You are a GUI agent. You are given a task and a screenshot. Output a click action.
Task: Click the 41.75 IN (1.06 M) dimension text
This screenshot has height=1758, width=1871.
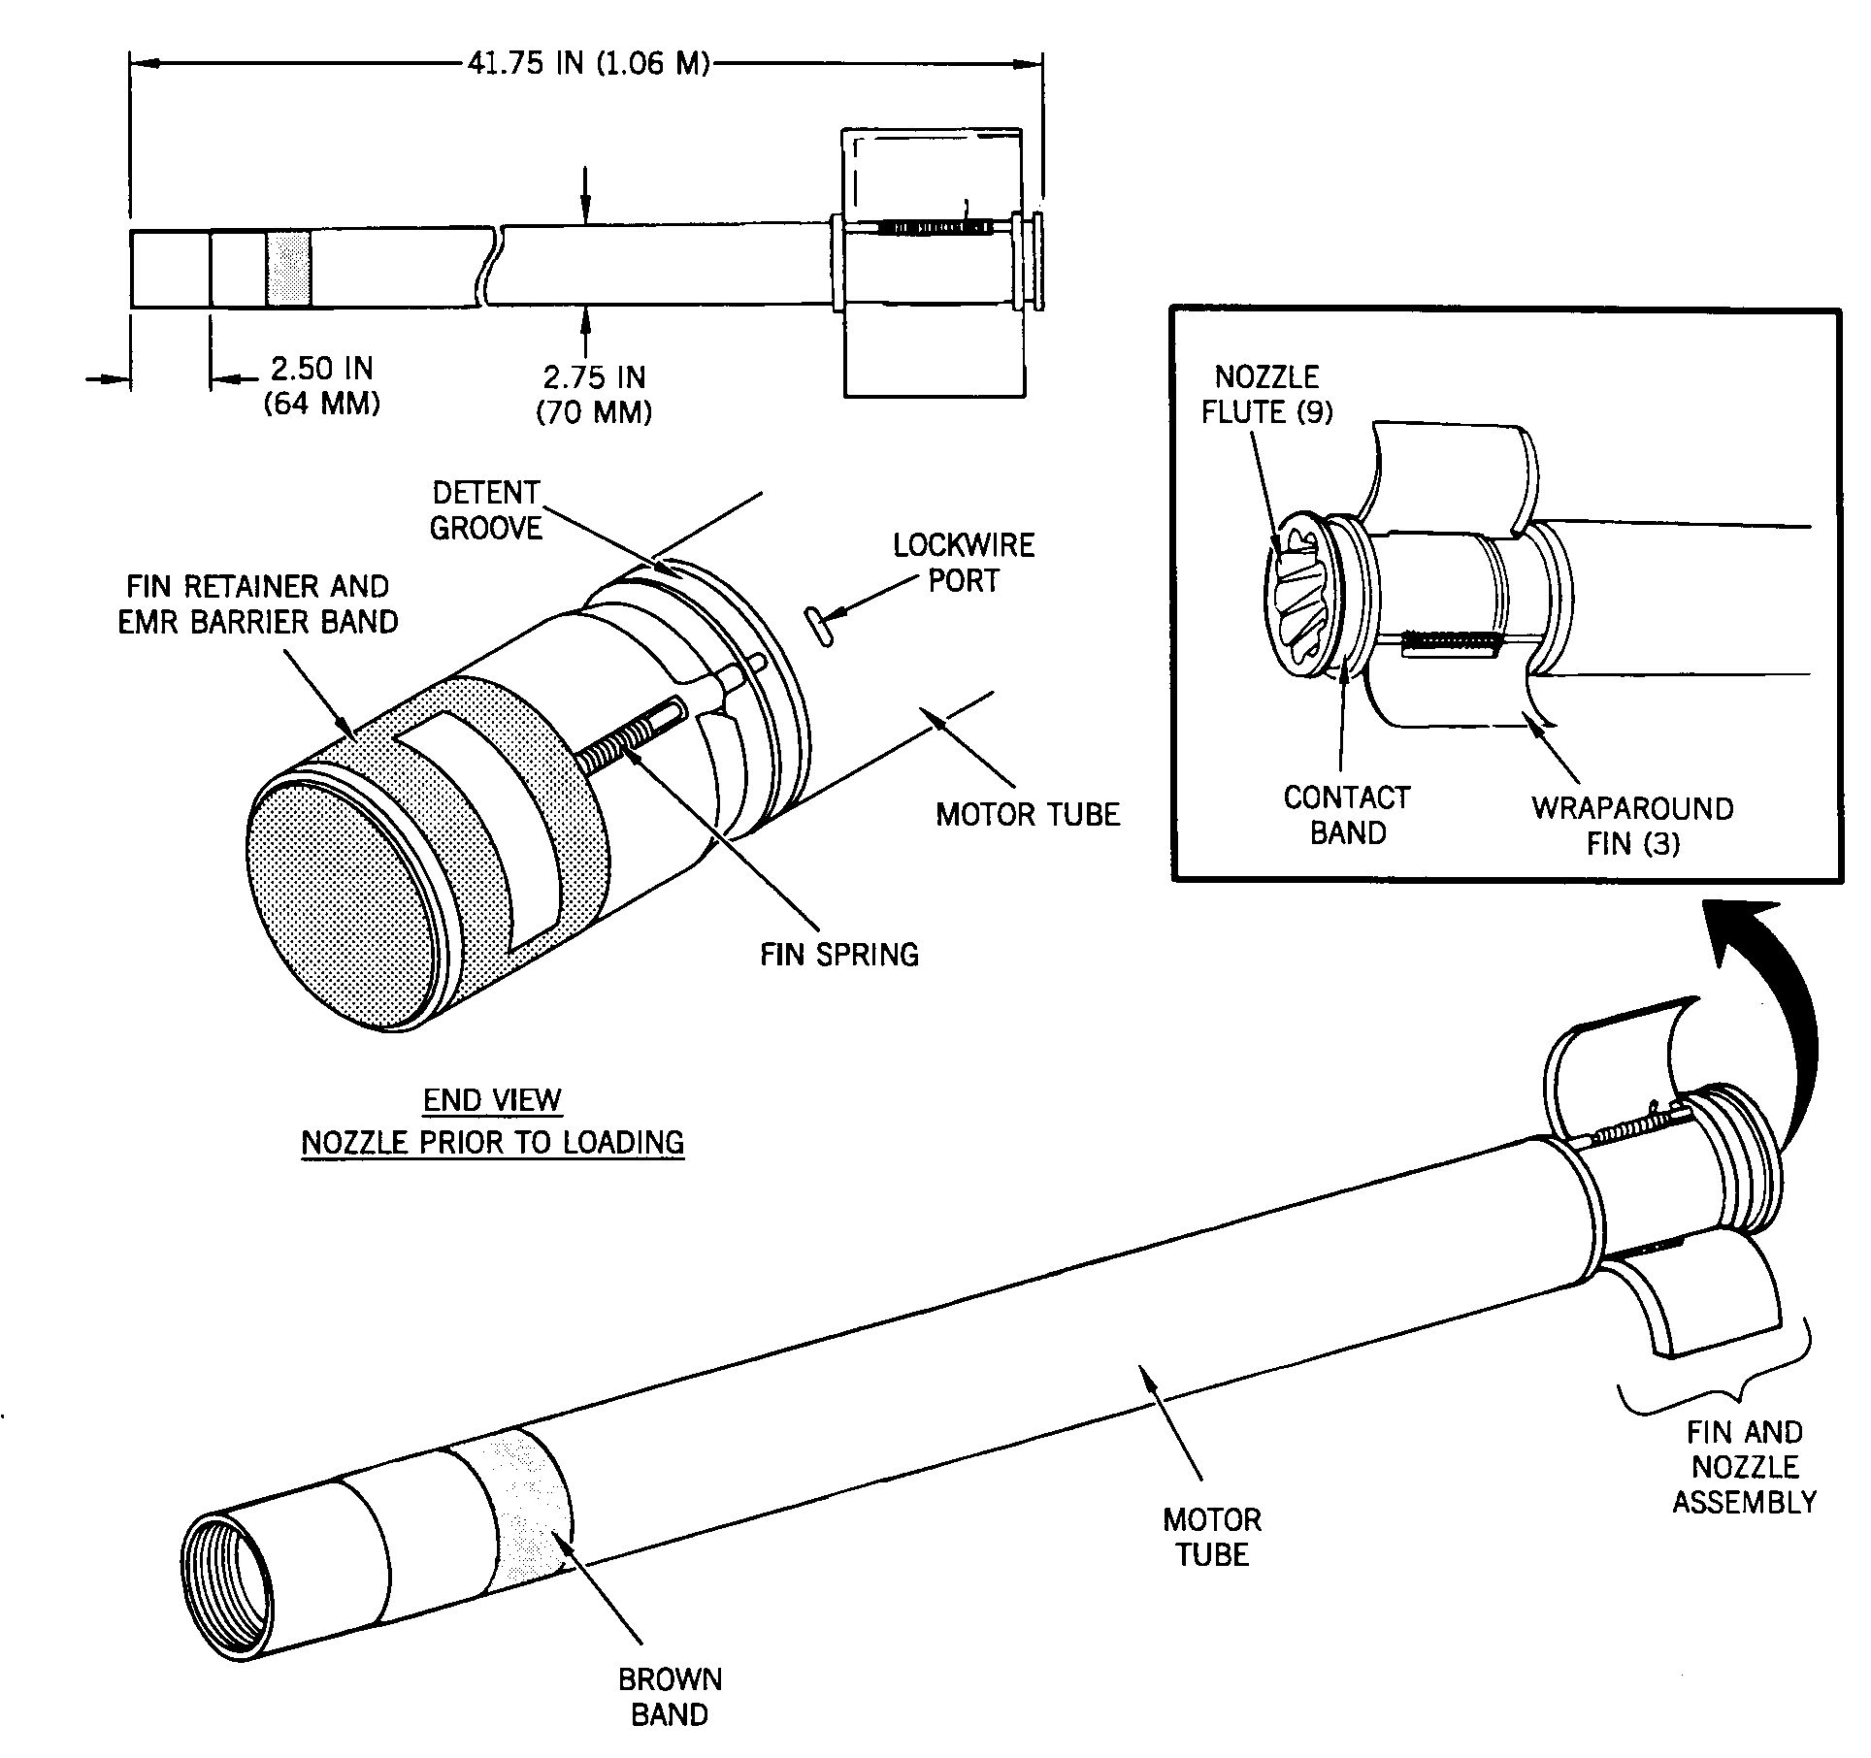pos(589,65)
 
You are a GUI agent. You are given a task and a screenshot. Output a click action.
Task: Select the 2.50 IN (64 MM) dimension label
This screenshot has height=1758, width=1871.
pos(321,385)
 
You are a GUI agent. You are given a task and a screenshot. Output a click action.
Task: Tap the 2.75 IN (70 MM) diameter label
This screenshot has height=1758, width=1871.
pos(594,395)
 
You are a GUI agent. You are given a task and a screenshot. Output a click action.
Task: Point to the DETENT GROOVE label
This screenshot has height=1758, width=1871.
pos(485,510)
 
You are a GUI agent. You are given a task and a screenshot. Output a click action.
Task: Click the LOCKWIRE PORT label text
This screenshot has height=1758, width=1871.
pos(964,563)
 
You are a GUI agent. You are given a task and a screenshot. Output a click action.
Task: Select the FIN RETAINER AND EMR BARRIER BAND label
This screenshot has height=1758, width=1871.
pos(258,603)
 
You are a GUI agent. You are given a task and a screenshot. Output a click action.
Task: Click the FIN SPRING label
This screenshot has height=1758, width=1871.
pos(839,954)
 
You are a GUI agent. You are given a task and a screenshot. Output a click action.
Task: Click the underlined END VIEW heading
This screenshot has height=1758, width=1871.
pos(492,1100)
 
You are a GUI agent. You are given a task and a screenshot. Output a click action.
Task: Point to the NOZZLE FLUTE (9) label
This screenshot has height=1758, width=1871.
pos(1267,394)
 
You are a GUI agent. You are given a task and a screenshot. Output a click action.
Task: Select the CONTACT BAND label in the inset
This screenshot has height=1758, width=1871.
pos(1347,815)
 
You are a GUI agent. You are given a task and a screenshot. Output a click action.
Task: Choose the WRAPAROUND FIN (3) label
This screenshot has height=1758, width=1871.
pos(1632,826)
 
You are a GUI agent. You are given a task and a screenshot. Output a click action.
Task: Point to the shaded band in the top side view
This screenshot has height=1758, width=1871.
pos(289,269)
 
